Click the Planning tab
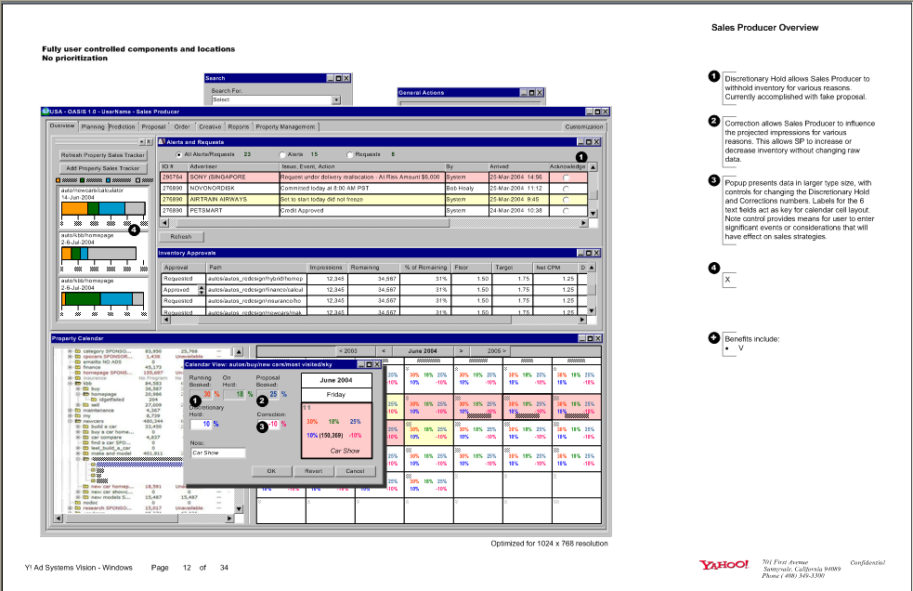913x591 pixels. (93, 126)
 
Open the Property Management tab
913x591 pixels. (285, 126)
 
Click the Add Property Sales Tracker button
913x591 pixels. (103, 168)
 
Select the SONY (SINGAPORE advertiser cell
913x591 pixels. (219, 177)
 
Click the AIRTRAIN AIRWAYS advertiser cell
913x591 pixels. (219, 199)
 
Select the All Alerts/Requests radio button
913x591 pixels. (178, 154)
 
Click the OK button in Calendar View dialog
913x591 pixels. (271, 471)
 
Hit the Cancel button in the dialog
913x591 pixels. (354, 471)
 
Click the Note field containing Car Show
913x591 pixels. (217, 453)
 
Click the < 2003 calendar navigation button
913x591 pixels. (348, 351)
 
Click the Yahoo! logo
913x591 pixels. (724, 564)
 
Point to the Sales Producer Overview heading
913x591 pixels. (764, 28)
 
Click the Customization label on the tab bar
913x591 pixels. (583, 126)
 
